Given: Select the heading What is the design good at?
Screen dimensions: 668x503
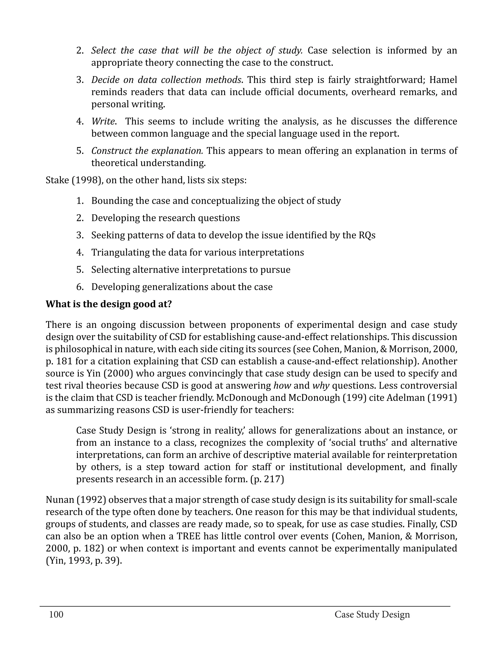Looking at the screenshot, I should point(109,304).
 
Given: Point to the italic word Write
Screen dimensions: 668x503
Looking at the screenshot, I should point(103,122).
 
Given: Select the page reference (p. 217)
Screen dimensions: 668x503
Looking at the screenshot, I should point(267,479).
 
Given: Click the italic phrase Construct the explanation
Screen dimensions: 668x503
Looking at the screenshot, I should point(147,151).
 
